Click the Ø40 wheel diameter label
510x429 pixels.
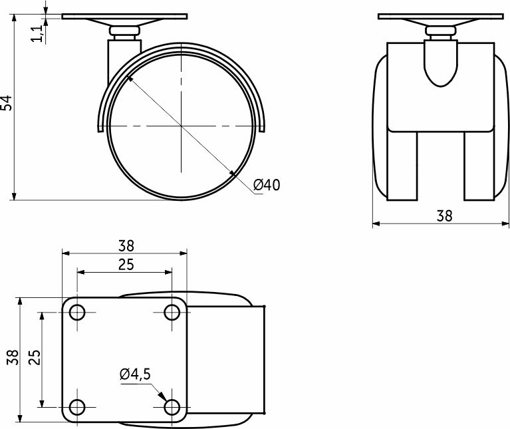[x=267, y=185]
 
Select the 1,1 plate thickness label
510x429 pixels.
[x=37, y=33]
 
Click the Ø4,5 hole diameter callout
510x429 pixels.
[x=135, y=374]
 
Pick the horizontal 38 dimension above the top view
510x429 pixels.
[x=126, y=246]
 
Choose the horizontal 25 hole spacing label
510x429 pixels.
[x=126, y=265]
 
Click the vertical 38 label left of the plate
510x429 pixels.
[x=13, y=357]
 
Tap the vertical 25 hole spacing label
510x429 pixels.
[x=35, y=357]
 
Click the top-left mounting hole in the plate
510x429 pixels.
[x=77, y=313]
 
